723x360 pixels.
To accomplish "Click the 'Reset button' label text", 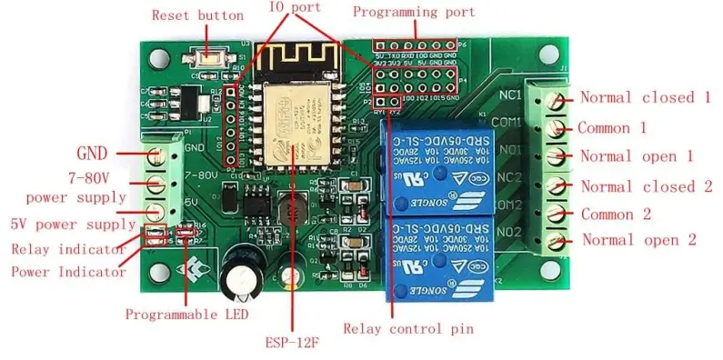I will click(197, 15).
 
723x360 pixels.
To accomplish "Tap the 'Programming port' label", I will click(414, 13).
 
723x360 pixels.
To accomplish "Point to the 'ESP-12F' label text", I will click(292, 343).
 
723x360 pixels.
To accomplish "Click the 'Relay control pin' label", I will click(407, 328).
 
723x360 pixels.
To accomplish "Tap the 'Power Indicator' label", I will click(68, 271).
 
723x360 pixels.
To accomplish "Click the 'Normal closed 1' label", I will click(645, 97).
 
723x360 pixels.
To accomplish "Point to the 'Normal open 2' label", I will click(638, 240).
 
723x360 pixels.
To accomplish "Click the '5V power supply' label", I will click(67, 224).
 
